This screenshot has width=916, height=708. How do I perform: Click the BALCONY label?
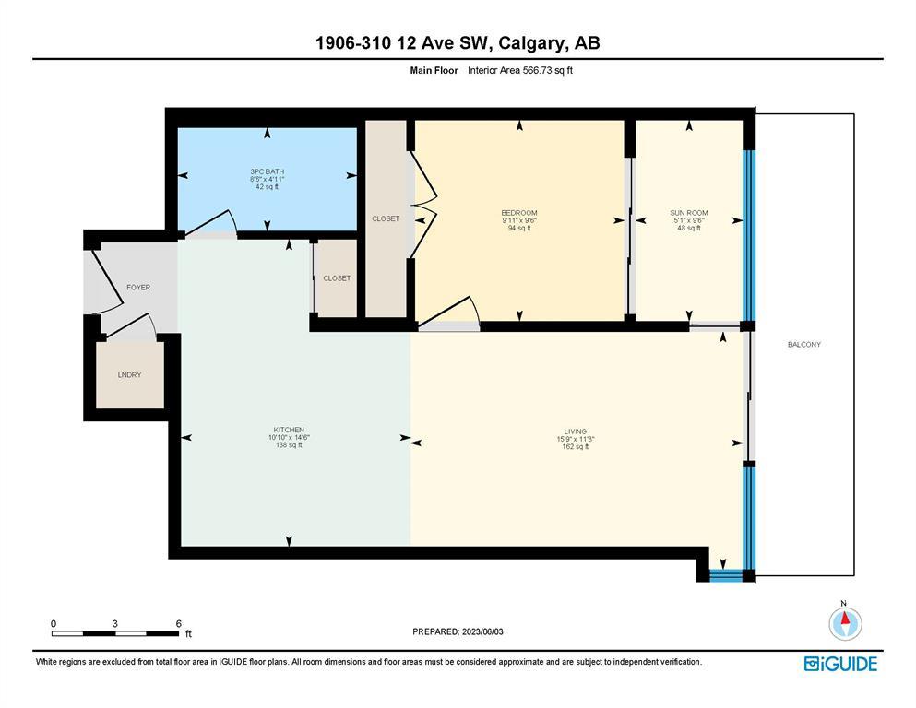coord(803,345)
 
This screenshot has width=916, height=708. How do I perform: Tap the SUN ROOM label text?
coord(689,213)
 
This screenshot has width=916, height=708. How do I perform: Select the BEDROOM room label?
coord(519,213)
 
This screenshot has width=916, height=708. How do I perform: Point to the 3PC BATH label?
coord(267,171)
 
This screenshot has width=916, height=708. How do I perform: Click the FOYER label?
coord(138,288)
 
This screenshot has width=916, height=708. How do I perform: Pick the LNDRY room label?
coord(130,374)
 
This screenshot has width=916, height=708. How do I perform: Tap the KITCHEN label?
coord(289,430)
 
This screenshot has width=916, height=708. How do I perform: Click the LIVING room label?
coord(576,431)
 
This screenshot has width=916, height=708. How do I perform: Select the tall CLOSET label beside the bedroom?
coord(386,218)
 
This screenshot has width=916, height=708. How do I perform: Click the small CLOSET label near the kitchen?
coord(337,277)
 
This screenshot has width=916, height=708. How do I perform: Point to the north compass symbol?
coord(845,622)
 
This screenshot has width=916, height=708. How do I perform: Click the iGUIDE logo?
coord(840,664)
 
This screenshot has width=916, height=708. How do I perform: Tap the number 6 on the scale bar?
coord(179,623)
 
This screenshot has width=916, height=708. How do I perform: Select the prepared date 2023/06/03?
coord(482,631)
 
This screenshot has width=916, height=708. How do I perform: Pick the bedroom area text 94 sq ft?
coord(519,229)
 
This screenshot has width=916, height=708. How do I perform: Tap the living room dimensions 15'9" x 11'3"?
coord(576,439)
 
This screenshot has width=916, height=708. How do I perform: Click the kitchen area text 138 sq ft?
coord(289,444)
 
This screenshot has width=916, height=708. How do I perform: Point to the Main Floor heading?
coord(434,70)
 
